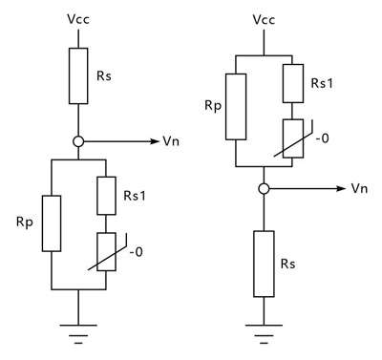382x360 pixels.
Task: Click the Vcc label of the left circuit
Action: (x=79, y=19)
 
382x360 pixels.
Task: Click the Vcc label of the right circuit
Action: (x=261, y=19)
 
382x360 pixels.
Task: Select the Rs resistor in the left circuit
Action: (x=79, y=77)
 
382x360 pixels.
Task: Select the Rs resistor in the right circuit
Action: (x=261, y=264)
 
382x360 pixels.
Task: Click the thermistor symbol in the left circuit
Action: (x=107, y=252)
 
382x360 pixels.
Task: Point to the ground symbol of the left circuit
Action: (x=79, y=330)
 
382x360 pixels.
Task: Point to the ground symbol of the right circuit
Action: (x=261, y=330)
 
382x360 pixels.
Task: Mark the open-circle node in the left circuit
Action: (x=79, y=141)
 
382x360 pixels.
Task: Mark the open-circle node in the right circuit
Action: (x=261, y=187)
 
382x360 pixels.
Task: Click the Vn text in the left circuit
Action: (x=173, y=141)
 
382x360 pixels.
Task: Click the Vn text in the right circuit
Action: (x=360, y=187)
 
